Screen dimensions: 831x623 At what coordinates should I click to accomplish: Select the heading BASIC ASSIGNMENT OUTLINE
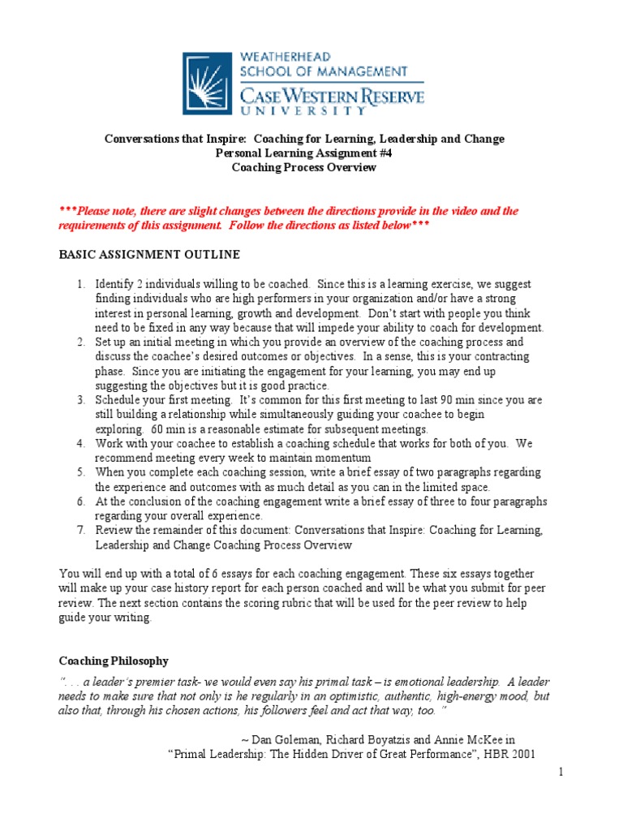[149, 255]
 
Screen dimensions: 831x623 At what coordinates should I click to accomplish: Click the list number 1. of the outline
[81, 285]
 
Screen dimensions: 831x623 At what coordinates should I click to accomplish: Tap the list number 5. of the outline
[81, 472]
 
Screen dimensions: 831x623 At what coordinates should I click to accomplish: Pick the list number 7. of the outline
[81, 531]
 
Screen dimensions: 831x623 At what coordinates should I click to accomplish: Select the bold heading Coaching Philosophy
[114, 661]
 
